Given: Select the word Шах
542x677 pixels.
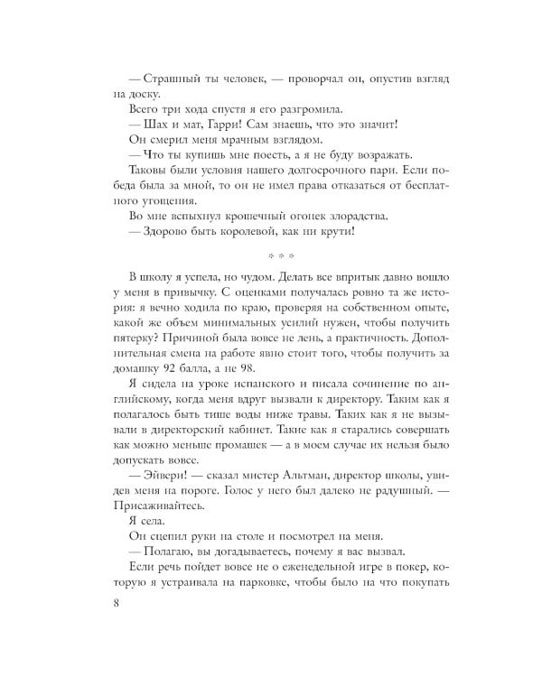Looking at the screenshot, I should pos(147,125).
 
